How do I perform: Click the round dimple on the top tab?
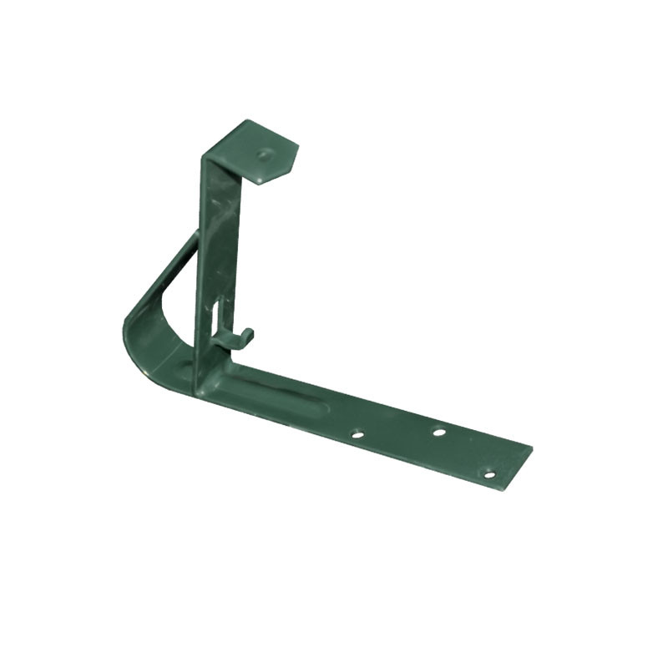point(265,154)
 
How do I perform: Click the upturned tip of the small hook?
point(250,332)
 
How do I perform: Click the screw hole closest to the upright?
point(357,434)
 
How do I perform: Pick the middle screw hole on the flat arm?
point(438,432)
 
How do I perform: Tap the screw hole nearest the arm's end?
point(489,474)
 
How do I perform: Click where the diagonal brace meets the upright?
point(197,238)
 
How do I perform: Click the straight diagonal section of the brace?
point(171,267)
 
